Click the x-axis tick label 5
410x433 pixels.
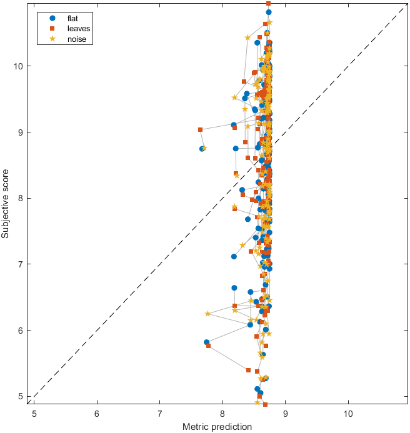coord(34,414)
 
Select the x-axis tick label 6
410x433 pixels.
coord(97,414)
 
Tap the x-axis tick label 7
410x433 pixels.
coord(159,414)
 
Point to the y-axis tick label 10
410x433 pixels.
coord(21,66)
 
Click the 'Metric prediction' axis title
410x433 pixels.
coord(217,427)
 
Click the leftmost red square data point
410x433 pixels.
coord(200,130)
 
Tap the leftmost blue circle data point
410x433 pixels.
coord(202,149)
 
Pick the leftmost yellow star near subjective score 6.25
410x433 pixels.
coord(207,314)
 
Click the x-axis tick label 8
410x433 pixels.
coord(222,414)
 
